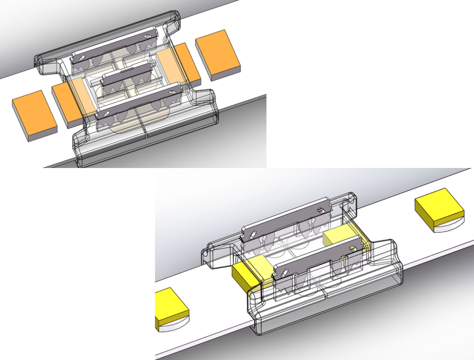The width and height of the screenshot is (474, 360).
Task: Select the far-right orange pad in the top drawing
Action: click(x=218, y=56)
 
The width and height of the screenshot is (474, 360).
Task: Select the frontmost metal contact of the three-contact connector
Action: click(x=139, y=101)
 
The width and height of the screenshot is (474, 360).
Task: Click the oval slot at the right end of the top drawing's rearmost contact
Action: click(x=147, y=37)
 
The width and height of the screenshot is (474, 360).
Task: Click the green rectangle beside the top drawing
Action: click(x=370, y=83)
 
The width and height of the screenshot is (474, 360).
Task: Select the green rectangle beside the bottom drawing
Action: click(x=77, y=264)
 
